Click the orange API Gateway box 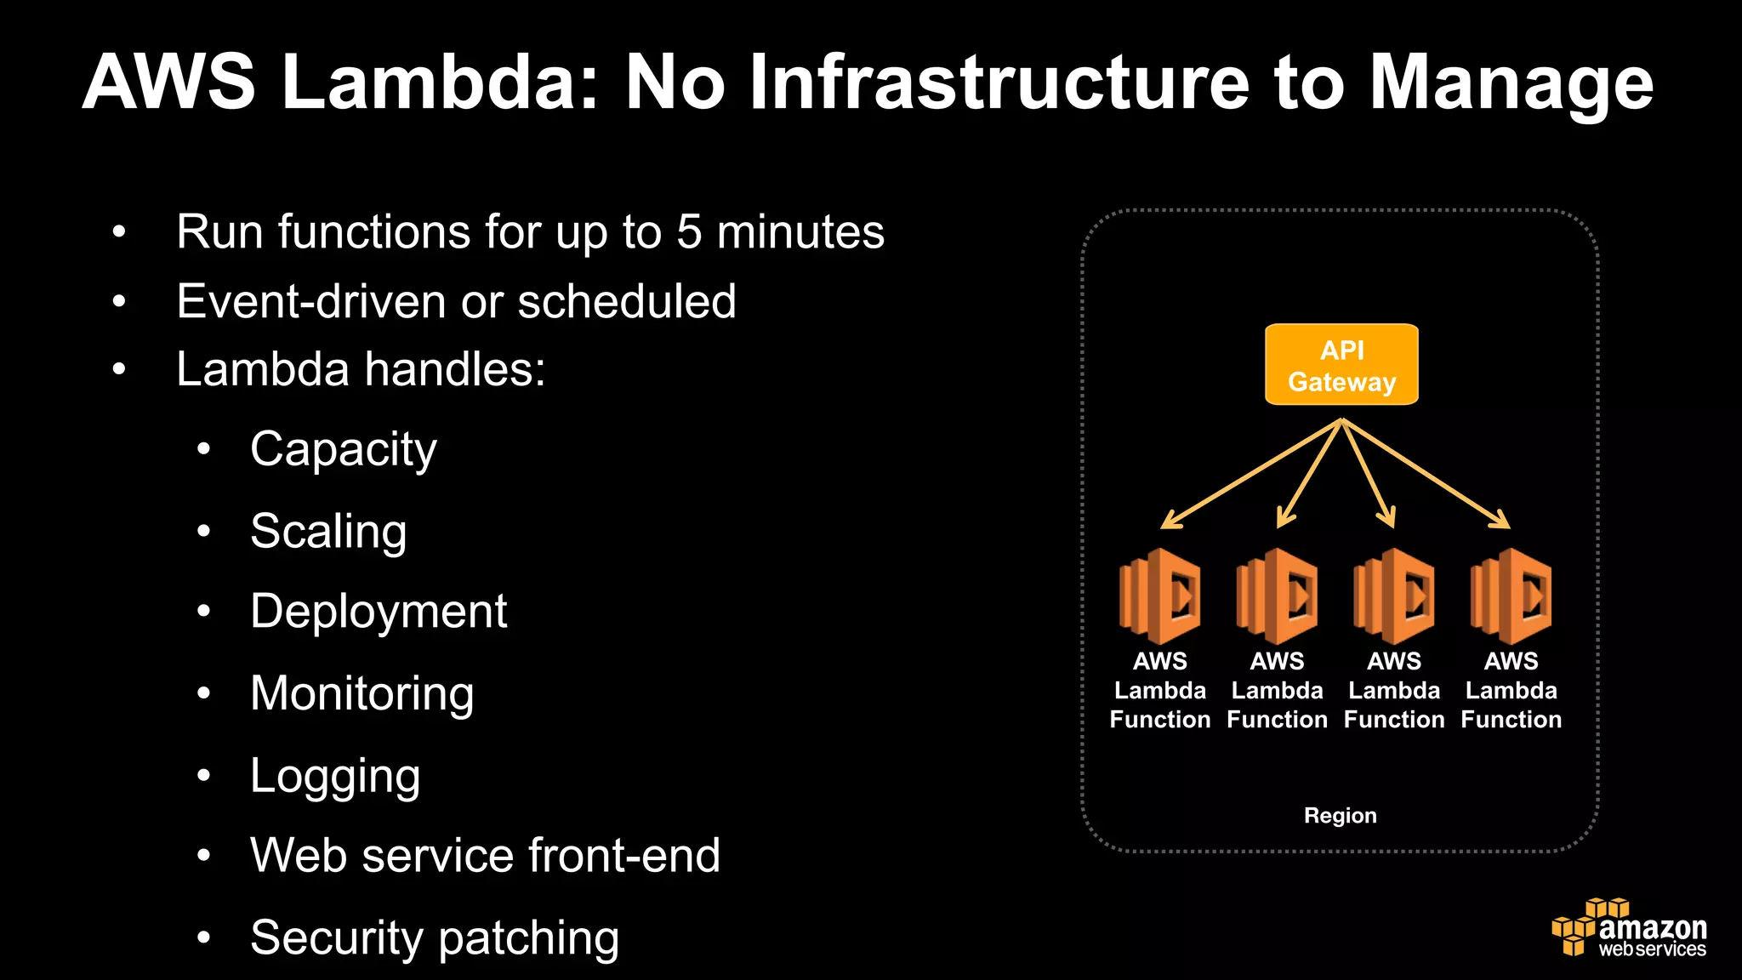click(x=1341, y=365)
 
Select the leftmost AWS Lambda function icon click(x=1160, y=595)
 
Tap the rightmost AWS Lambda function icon click(x=1511, y=595)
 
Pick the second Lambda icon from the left click(x=1277, y=595)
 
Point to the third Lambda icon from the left click(x=1394, y=595)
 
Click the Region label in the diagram click(x=1340, y=816)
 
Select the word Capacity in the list click(x=343, y=450)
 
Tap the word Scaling click(x=328, y=532)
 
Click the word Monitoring click(x=361, y=693)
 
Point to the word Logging click(x=335, y=776)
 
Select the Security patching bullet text click(x=435, y=938)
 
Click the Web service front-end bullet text click(x=485, y=856)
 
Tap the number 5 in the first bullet click(x=689, y=232)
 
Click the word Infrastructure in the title click(x=999, y=83)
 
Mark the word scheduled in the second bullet click(x=627, y=302)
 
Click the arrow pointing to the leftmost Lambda click(x=1250, y=474)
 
